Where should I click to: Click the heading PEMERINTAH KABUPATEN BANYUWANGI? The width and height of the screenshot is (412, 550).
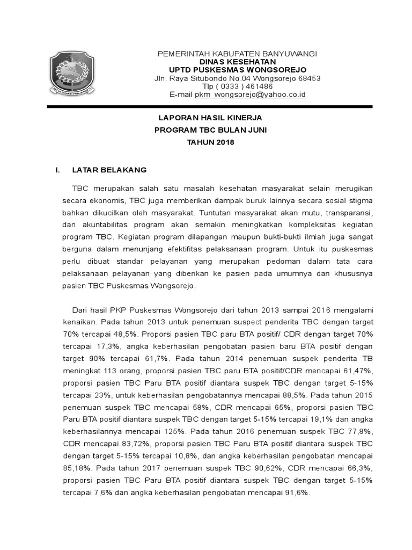237,54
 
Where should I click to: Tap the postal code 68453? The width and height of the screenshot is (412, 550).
310,78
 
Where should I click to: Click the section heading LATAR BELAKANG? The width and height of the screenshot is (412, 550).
109,170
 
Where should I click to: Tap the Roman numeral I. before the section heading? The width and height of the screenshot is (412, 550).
58,170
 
